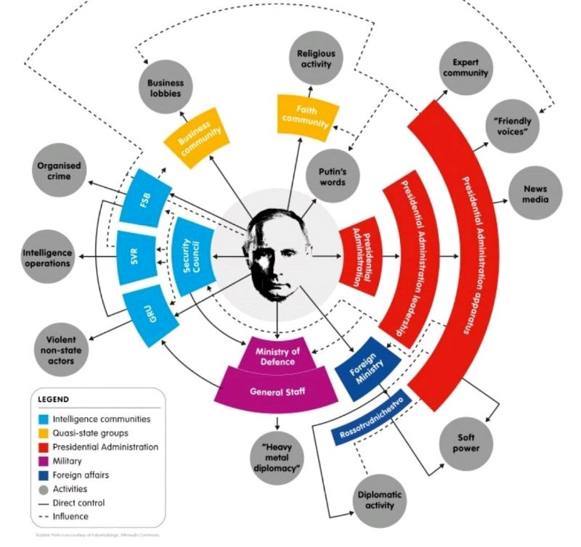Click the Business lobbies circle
166,89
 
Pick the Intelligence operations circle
48,258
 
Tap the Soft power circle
466,443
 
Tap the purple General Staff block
277,391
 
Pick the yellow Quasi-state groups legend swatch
46,433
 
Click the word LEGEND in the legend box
54,399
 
